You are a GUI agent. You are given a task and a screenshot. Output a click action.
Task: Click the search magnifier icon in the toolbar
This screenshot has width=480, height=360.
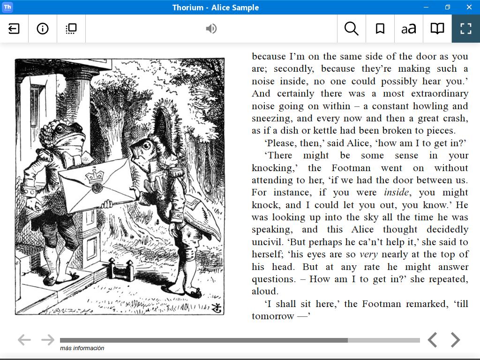pyautogui.click(x=351, y=29)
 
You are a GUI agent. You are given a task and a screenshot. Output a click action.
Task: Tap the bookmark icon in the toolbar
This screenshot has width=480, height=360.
pyautogui.click(x=380, y=29)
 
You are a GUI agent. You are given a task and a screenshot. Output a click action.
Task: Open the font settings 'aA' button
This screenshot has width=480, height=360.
pyautogui.click(x=409, y=29)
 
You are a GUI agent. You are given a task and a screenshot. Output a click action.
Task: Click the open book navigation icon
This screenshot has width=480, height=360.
pyautogui.click(x=437, y=29)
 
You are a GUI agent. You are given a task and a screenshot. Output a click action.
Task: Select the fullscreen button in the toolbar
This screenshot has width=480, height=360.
pyautogui.click(x=466, y=29)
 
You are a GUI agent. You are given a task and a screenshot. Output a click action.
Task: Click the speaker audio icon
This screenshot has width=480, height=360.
pyautogui.click(x=211, y=29)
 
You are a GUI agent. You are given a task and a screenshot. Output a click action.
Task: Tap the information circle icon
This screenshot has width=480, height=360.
pyautogui.click(x=43, y=29)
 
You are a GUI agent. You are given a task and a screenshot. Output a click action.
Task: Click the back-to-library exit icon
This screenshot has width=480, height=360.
pyautogui.click(x=14, y=29)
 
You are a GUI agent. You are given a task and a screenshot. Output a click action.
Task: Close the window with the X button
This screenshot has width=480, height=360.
pyautogui.click(x=469, y=7)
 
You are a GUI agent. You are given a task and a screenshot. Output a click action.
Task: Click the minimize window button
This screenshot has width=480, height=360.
pyautogui.click(x=426, y=7)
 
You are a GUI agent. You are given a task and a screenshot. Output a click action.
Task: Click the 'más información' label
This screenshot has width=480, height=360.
pyautogui.click(x=82, y=348)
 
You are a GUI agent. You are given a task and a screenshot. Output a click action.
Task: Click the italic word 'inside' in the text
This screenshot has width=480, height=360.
pyautogui.click(x=396, y=193)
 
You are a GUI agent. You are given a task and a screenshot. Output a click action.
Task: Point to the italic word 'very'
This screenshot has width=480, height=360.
pyautogui.click(x=368, y=255)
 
